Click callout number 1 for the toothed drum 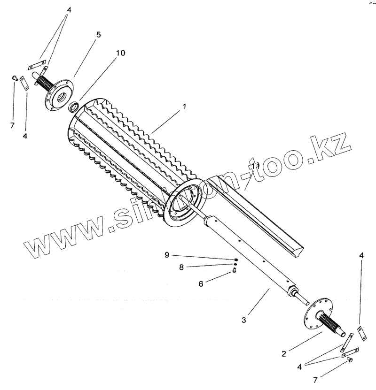184,107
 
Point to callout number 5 98,34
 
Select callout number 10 120,53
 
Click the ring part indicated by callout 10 74,107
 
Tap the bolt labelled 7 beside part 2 351,359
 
